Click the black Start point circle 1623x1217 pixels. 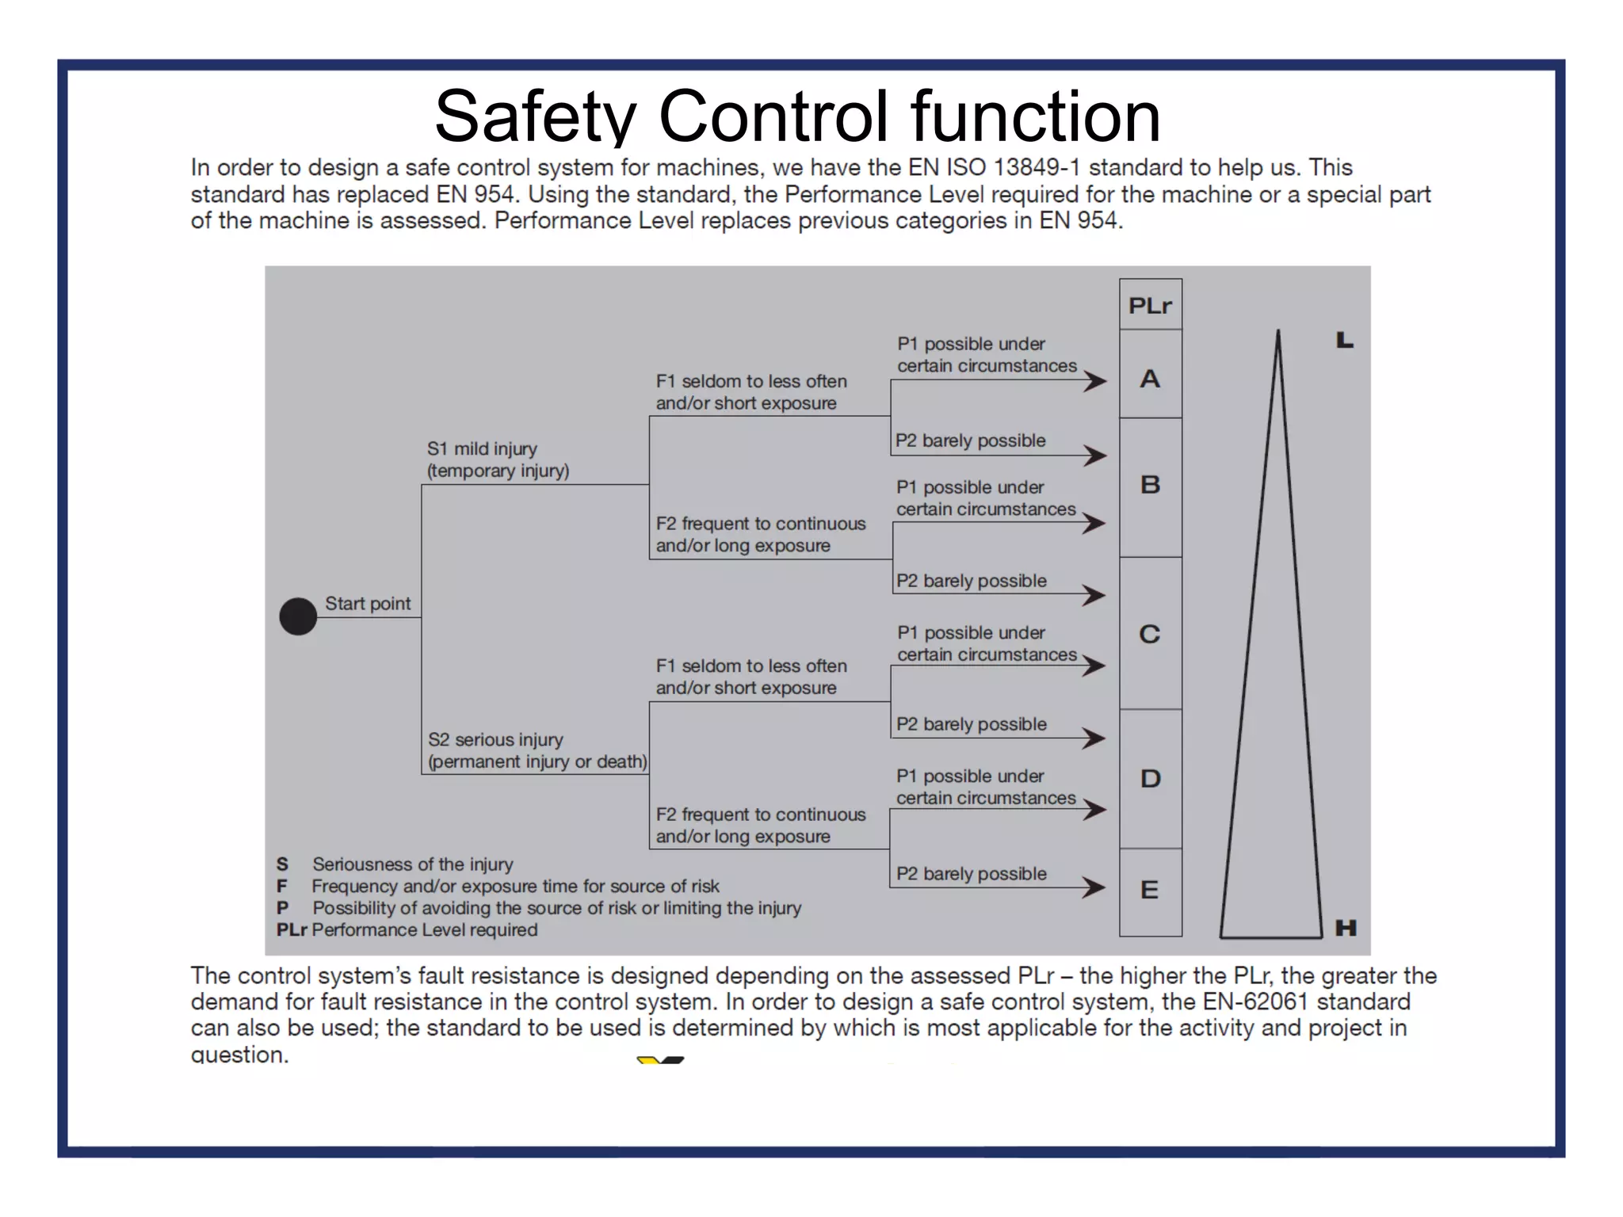(x=298, y=616)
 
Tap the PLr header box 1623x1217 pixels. (x=1150, y=305)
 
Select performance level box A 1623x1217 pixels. (x=1150, y=379)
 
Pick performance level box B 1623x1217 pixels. (x=1150, y=485)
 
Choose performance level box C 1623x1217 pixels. (x=1150, y=634)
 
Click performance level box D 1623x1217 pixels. (x=1150, y=779)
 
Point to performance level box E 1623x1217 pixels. (x=1150, y=891)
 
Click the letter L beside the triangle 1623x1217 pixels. (x=1345, y=341)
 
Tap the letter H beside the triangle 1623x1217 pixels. (x=1346, y=927)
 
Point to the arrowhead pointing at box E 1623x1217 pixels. (x=1094, y=887)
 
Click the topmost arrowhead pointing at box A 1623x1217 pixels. (x=1095, y=381)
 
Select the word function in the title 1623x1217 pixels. (x=1035, y=116)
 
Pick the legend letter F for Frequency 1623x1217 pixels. (x=282, y=886)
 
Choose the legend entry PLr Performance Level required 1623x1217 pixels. (x=407, y=929)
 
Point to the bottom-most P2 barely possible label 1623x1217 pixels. (x=971, y=873)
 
